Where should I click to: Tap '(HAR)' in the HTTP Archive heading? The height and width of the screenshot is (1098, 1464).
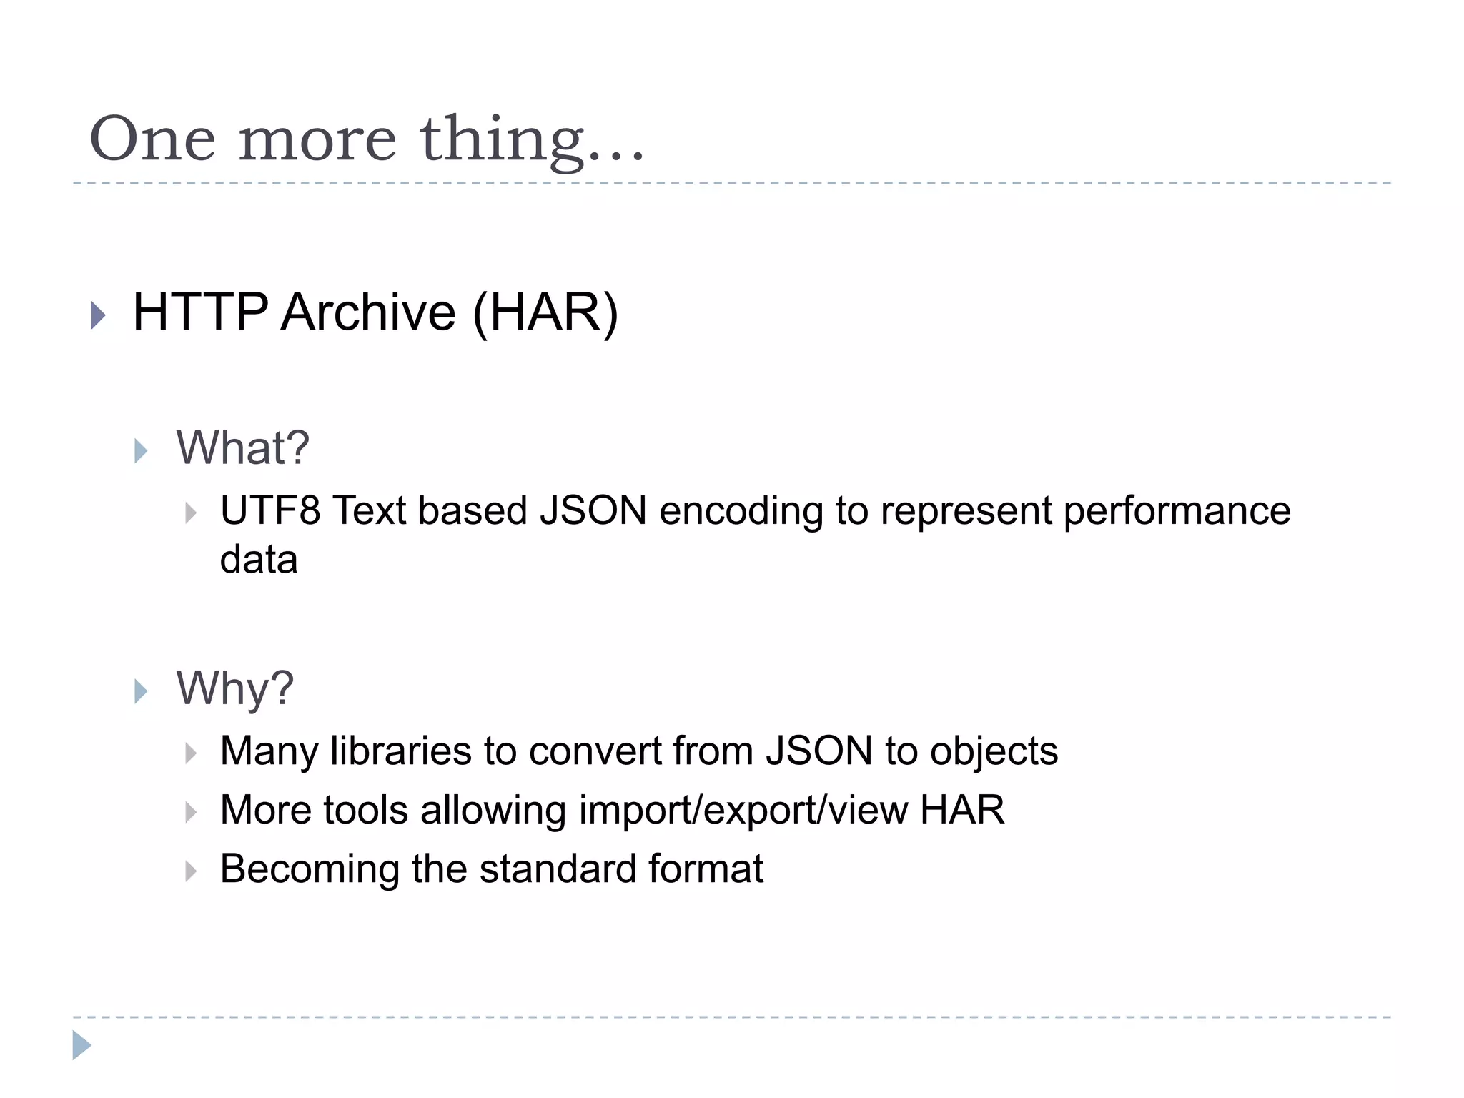(545, 313)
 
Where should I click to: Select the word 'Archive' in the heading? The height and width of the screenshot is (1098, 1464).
(368, 312)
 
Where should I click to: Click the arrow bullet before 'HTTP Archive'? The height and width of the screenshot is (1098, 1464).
(99, 315)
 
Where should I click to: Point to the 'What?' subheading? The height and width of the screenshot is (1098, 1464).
(243, 448)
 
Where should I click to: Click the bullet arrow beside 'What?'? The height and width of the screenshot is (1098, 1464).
(141, 451)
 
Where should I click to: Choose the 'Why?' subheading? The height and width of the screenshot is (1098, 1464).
(235, 688)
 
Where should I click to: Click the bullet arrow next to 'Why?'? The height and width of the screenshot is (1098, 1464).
(141, 691)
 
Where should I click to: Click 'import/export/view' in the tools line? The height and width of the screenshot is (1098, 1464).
(743, 811)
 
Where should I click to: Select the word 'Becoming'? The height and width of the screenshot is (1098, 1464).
(310, 869)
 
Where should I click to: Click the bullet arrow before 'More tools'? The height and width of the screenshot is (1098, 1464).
(191, 812)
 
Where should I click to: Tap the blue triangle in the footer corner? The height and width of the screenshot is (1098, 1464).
(81, 1045)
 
